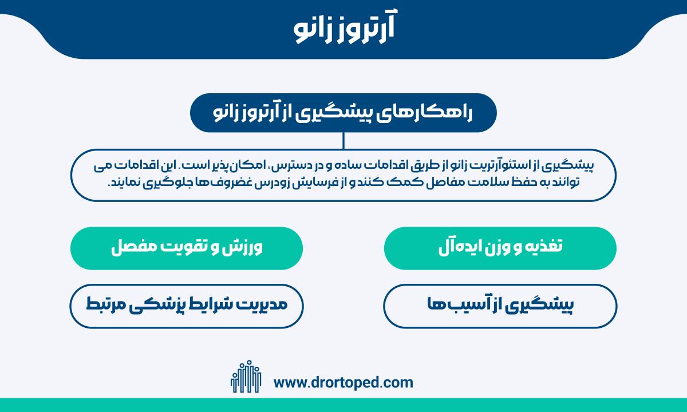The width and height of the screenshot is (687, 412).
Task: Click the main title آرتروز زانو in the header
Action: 344,27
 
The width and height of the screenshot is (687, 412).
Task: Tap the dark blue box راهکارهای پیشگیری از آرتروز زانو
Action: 343,113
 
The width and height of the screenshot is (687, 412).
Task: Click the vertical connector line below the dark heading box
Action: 343,141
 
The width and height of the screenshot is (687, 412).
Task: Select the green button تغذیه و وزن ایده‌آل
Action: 500,248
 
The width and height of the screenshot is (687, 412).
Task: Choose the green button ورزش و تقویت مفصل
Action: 187,248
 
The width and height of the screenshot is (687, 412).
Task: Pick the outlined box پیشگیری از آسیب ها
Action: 500,306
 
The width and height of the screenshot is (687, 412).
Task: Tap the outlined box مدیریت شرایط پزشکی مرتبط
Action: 187,306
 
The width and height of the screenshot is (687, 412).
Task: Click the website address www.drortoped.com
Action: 343,383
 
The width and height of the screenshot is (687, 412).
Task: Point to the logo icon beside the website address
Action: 246,377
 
